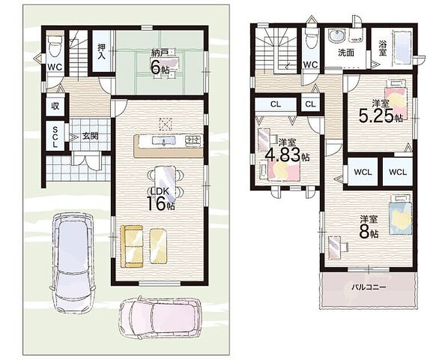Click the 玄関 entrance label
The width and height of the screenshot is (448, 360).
(x=90, y=136)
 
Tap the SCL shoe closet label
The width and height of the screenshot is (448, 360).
(x=55, y=137)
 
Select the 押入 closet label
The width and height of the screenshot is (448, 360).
(x=102, y=51)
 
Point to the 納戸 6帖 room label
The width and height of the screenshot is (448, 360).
(x=160, y=62)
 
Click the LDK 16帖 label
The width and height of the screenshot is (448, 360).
(x=161, y=199)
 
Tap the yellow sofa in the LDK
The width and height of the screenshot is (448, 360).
(x=131, y=246)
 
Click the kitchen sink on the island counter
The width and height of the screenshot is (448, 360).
(x=163, y=141)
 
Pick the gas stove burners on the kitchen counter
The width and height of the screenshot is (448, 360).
(x=193, y=140)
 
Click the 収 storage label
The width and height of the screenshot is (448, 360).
(x=55, y=106)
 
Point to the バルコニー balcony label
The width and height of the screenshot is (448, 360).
(x=369, y=287)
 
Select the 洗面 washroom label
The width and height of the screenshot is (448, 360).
(x=346, y=53)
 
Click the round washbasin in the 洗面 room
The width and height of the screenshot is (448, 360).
(x=336, y=36)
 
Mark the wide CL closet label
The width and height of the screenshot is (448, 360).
(x=275, y=104)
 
